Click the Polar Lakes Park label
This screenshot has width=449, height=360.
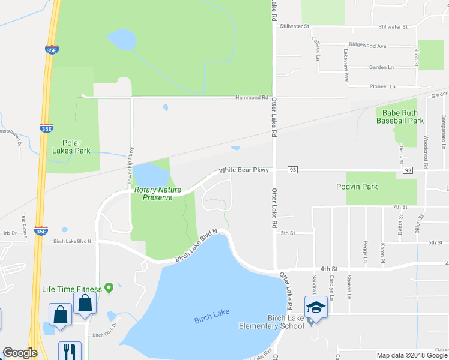tap(71, 146)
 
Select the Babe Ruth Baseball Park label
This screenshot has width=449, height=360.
tap(400, 116)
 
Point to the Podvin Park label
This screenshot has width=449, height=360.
tap(357, 187)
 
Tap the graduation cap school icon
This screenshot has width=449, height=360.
tap(315, 307)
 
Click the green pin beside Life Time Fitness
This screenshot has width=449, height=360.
tap(109, 289)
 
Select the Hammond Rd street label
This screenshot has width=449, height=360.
tap(252, 97)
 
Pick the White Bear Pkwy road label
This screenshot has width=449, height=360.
tap(243, 170)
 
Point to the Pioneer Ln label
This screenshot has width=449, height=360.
tap(382, 86)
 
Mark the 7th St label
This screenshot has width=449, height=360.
tap(400, 206)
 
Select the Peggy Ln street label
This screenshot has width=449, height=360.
tap(364, 253)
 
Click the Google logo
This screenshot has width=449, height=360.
tap(20, 353)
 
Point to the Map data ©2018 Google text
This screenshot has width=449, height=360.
tap(411, 355)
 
